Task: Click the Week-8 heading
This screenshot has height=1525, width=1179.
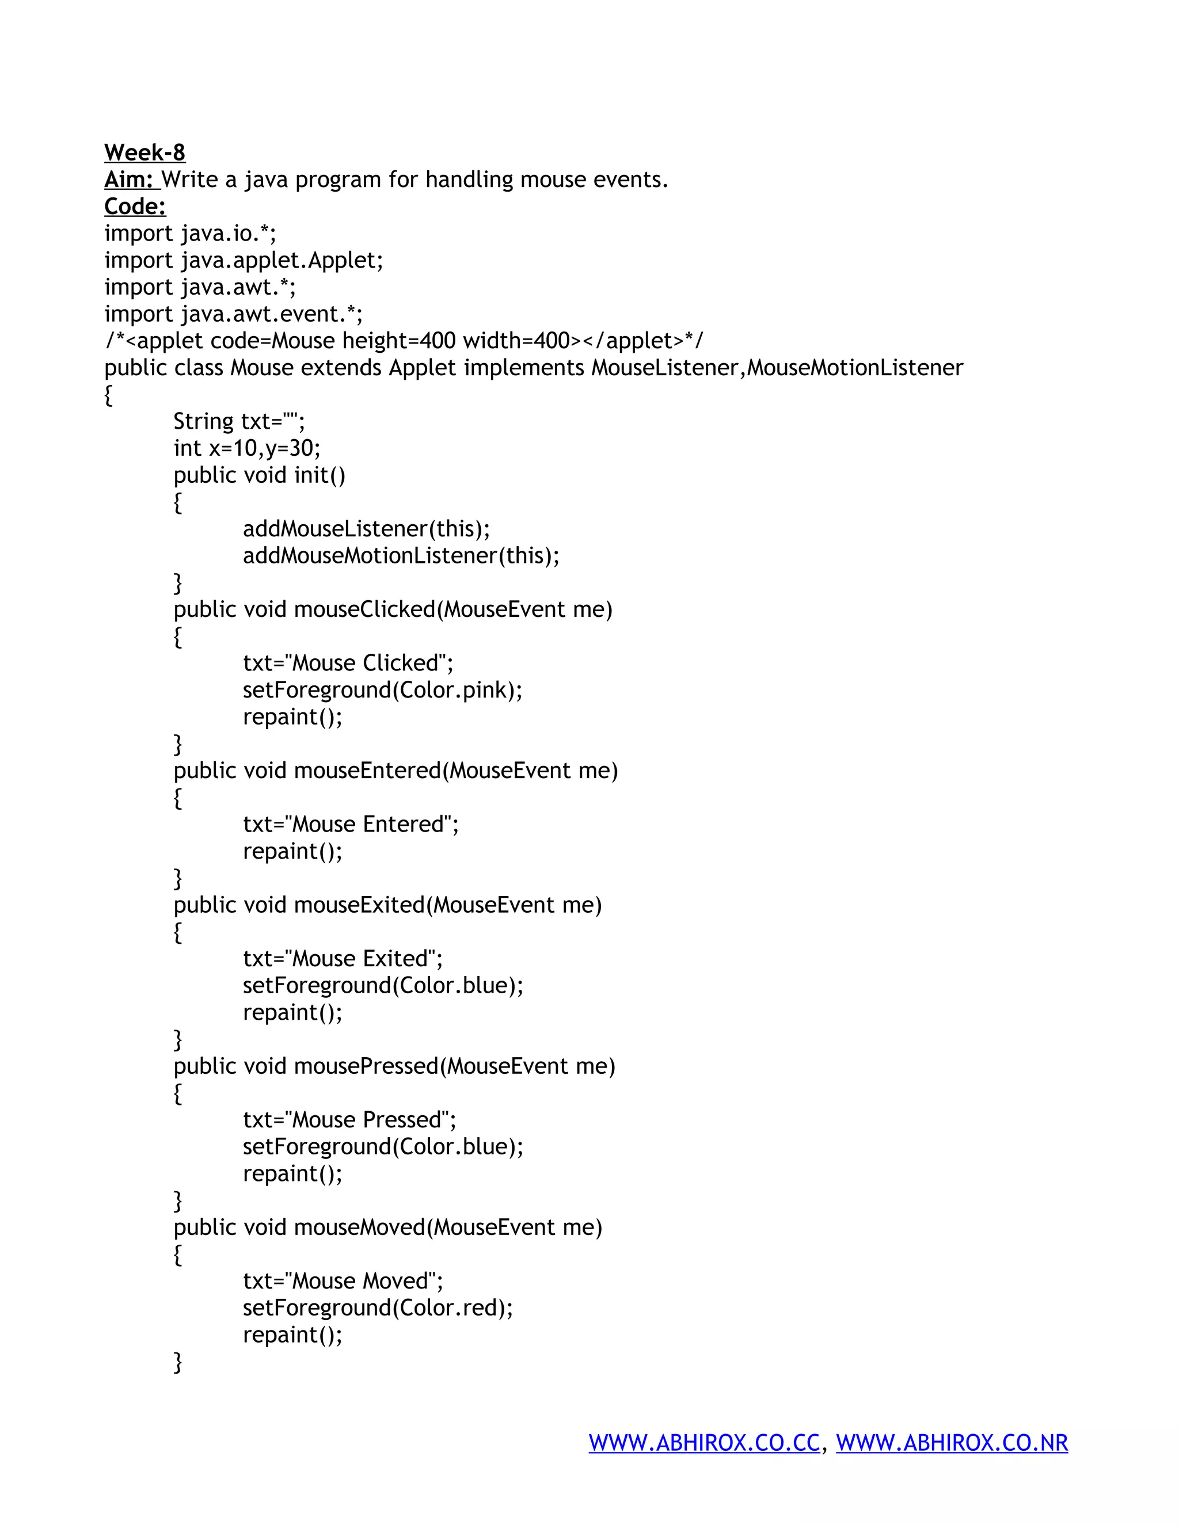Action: point(144,152)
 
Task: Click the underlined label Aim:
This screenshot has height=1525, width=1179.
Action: point(131,180)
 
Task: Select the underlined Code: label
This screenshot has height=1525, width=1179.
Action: point(135,207)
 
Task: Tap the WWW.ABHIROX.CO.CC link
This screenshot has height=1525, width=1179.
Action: point(704,1443)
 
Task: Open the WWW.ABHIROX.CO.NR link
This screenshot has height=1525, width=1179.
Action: point(952,1443)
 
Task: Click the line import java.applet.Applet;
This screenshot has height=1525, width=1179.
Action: point(244,261)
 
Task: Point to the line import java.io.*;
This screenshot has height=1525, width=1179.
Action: point(190,233)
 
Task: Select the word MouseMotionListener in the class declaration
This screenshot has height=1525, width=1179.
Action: point(854,368)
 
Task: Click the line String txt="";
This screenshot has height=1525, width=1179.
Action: point(239,422)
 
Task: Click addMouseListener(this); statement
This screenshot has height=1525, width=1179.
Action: point(366,529)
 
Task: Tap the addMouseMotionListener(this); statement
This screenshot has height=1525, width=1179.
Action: point(401,556)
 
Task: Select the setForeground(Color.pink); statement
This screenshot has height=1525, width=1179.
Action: point(382,691)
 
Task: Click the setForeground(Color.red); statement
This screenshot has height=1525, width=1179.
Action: point(377,1308)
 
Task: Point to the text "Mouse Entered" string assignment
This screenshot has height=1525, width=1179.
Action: point(351,825)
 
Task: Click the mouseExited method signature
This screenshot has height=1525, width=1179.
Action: point(387,905)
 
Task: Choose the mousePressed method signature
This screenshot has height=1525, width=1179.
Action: point(394,1066)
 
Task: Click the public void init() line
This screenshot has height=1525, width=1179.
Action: point(259,475)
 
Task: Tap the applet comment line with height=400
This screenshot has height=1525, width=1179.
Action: point(404,341)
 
